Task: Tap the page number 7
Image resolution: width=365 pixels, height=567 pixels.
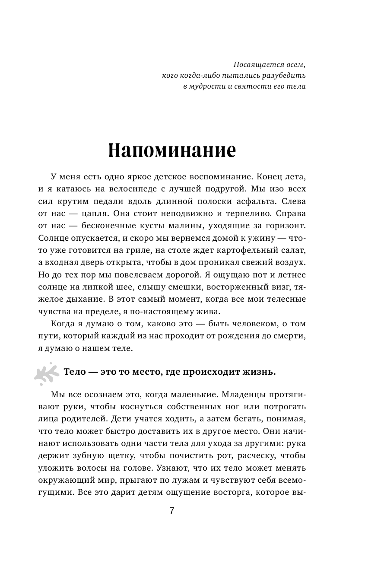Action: pyautogui.click(x=171, y=511)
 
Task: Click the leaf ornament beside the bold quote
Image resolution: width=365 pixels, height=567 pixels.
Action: pyautogui.click(x=45, y=373)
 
